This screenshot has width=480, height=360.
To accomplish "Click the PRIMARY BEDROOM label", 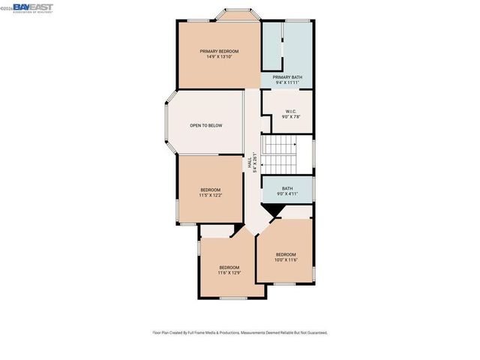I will [x=219, y=51].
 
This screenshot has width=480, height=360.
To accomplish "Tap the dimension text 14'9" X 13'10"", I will [x=219, y=58].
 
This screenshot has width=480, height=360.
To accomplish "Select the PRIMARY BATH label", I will [x=286, y=76].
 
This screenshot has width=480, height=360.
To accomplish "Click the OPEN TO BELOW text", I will [x=206, y=125].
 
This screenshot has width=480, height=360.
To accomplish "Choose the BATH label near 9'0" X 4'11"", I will [x=287, y=188].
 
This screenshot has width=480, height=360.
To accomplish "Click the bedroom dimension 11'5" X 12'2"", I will [x=211, y=196].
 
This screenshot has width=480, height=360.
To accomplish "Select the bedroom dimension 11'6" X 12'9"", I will [x=229, y=274].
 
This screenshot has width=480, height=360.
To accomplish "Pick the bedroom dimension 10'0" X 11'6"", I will [x=286, y=259].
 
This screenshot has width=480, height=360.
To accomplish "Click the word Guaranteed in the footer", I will [x=314, y=332].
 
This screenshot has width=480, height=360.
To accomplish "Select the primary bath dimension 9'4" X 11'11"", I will [x=286, y=82].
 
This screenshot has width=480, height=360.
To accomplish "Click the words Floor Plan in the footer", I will [x=161, y=332].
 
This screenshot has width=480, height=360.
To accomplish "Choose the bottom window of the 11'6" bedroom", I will [x=231, y=299].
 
